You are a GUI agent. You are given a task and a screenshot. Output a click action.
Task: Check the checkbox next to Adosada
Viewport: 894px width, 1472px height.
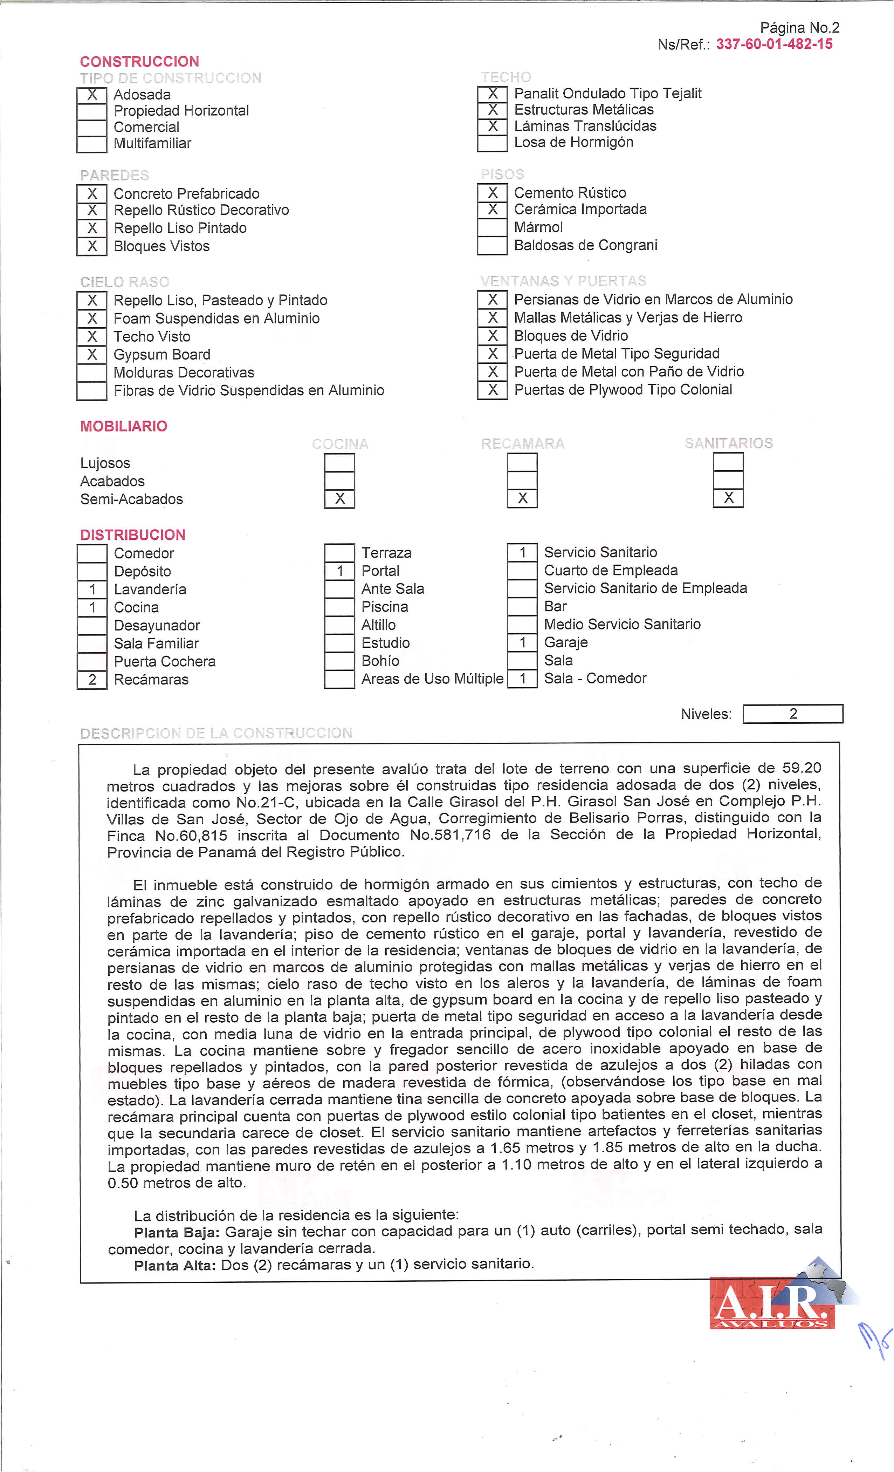click(92, 95)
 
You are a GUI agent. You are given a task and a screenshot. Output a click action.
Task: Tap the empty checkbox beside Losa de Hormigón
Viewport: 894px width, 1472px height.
click(492, 143)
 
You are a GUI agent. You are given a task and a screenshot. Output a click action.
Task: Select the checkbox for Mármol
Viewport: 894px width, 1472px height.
click(492, 227)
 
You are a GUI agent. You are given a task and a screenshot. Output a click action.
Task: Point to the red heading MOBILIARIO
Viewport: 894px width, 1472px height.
click(124, 426)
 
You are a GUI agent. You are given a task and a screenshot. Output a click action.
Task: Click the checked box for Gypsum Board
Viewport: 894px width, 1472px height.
click(92, 355)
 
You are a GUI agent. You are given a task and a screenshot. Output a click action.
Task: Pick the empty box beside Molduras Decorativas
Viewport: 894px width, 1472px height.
click(92, 373)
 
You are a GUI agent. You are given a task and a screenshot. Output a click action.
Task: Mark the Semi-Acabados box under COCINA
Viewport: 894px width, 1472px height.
click(339, 499)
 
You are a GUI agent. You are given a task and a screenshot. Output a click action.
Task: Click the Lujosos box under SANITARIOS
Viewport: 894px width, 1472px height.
click(728, 462)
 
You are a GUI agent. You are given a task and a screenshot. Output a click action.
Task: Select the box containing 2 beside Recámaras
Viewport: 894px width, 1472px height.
click(92, 680)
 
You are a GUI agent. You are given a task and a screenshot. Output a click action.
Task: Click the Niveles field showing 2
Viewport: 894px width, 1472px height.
click(792, 714)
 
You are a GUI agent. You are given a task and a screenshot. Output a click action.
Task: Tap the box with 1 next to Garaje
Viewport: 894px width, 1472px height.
click(522, 643)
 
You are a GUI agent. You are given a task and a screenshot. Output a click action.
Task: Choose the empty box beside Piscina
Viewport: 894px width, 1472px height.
click(339, 607)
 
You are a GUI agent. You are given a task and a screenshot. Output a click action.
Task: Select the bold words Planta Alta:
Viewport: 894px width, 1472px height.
click(174, 1265)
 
